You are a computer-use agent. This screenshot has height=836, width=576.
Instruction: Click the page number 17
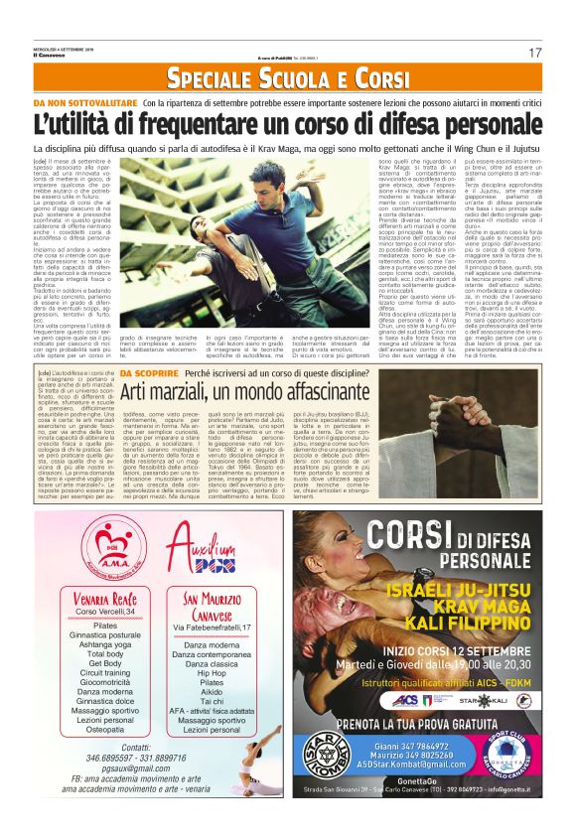pos(535,53)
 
